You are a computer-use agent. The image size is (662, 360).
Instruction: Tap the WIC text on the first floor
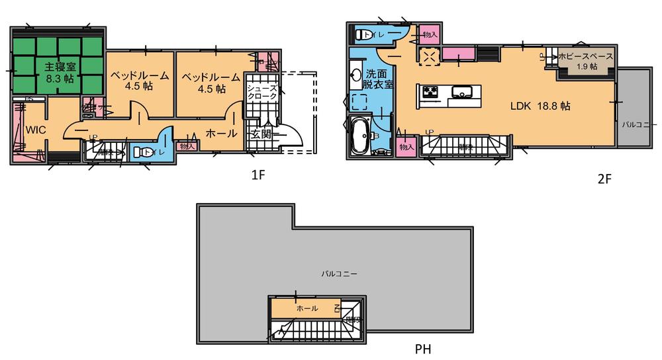[x=35, y=130]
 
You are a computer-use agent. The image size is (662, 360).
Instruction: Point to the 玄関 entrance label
[x=261, y=135]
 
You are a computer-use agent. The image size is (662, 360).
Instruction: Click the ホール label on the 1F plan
[x=222, y=133]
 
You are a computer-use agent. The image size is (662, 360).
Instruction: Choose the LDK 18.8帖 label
[x=540, y=105]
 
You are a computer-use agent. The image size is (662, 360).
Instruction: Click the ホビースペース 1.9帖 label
[x=586, y=62]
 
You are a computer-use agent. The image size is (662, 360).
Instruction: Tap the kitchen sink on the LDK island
[x=461, y=91]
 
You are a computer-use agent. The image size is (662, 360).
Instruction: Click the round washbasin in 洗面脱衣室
[x=356, y=75]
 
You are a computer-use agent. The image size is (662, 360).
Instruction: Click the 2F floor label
[x=603, y=179]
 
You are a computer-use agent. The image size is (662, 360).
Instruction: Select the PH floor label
[x=425, y=348]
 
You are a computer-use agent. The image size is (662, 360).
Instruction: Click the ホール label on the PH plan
[x=307, y=308]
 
